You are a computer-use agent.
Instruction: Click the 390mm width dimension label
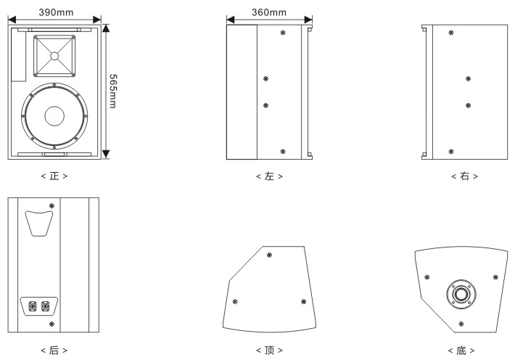56,12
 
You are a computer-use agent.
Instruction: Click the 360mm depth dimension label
269,12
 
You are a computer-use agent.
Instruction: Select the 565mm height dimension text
112,91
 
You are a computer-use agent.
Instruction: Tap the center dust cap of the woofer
54,116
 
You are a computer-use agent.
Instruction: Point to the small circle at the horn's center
54,56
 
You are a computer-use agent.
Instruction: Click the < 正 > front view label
54,176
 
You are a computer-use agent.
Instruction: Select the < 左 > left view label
269,176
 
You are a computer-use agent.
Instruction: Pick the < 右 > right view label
464,176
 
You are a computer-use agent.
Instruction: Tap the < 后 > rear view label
54,350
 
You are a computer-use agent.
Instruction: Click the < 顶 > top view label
269,350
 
